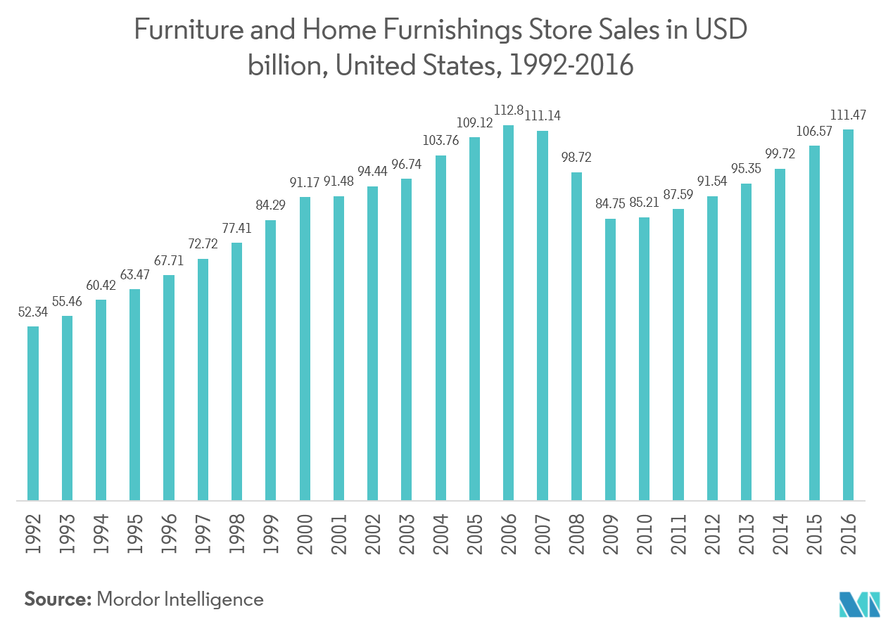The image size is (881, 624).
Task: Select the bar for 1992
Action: [x=33, y=413]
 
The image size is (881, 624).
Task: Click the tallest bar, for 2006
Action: [x=508, y=312]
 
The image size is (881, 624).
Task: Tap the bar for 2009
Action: [x=610, y=359]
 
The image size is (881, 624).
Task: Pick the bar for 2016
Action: [x=848, y=314]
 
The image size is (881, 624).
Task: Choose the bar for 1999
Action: [x=271, y=359]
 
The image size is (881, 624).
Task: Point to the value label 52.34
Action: [x=33, y=313]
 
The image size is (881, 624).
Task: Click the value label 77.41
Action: [x=237, y=229]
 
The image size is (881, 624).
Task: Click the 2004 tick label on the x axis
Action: [x=441, y=534]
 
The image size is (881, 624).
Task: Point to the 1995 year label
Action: [x=135, y=534]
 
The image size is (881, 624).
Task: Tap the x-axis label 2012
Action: [x=713, y=534]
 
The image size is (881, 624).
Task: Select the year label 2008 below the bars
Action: [x=577, y=534]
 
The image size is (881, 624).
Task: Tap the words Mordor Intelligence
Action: [x=180, y=599]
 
